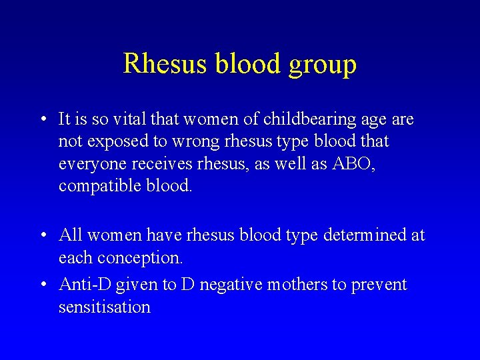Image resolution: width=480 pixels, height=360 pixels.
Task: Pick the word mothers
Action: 297,285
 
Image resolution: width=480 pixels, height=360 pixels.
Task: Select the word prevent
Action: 379,285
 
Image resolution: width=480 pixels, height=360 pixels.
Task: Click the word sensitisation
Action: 105,307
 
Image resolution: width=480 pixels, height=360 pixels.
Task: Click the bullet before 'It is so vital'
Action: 42,121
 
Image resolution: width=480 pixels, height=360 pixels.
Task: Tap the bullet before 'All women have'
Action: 42,236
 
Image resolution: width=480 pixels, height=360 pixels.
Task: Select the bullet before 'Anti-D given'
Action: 42,285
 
